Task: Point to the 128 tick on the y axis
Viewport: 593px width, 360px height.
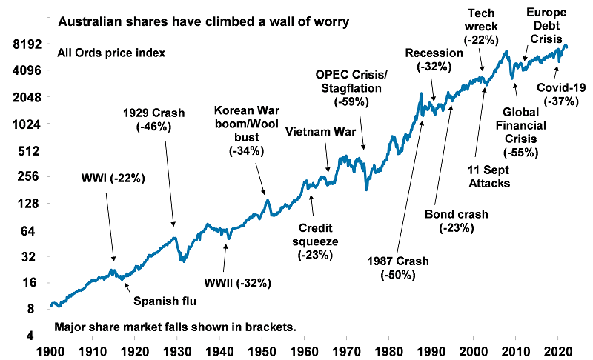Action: pos(30,204)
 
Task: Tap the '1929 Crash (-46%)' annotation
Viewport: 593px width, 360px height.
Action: pos(154,120)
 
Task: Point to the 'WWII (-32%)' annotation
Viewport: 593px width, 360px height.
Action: pos(238,282)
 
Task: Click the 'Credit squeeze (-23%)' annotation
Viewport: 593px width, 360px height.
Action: pos(317,241)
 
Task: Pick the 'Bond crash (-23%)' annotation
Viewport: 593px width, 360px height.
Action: pos(457,221)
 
